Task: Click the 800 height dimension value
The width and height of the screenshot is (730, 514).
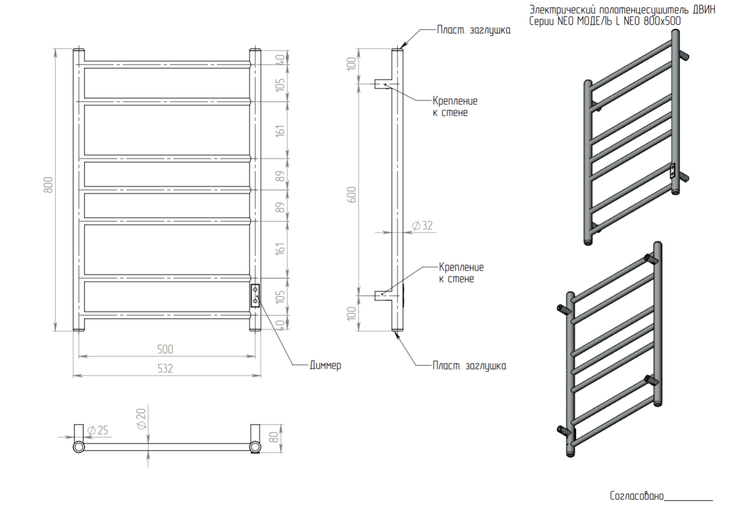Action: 48,185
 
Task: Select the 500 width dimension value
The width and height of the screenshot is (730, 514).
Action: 165,349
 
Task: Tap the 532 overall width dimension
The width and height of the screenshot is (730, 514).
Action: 165,369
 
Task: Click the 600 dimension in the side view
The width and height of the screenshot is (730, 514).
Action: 352,194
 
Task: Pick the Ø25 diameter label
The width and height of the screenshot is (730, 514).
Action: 98,431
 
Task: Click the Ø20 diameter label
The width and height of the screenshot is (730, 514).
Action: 142,418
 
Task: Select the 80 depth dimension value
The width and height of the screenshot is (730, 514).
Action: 274,437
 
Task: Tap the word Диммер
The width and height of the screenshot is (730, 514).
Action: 325,366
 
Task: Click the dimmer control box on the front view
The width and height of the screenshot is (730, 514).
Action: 255,296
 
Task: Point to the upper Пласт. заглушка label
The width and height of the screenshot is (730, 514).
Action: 474,30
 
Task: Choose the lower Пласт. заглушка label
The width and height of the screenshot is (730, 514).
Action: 469,366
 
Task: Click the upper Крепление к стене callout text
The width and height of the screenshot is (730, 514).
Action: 455,107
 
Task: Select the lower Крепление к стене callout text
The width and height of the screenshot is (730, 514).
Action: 461,273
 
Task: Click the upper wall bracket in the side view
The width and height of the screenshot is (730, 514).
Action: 382,84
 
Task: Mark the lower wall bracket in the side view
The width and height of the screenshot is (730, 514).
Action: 382,296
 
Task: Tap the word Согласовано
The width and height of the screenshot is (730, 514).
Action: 636,496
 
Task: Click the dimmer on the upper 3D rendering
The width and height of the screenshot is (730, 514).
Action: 672,170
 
